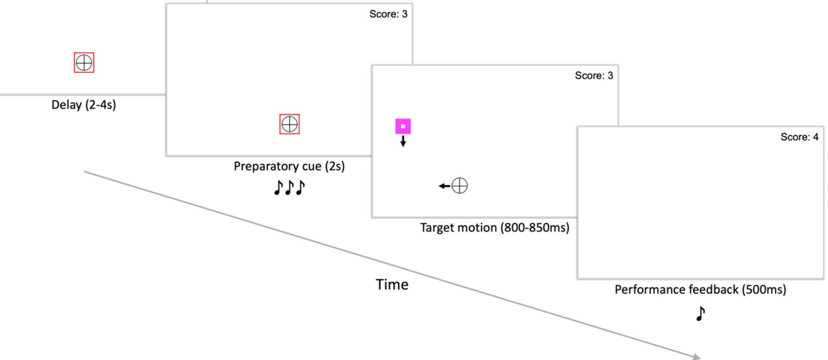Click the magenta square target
pyautogui.click(x=403, y=126)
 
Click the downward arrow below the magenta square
pyautogui.click(x=403, y=141)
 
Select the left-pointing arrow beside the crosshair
pyautogui.click(x=444, y=186)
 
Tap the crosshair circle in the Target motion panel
pyautogui.click(x=460, y=186)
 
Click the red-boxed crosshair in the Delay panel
pyautogui.click(x=84, y=62)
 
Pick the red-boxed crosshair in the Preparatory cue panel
pyautogui.click(x=289, y=124)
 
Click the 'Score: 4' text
pyautogui.click(x=799, y=137)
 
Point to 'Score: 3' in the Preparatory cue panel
pyautogui.click(x=388, y=14)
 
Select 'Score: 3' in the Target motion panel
pyautogui.click(x=594, y=76)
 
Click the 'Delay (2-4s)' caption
pyautogui.click(x=84, y=105)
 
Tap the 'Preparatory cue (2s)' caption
pyautogui.click(x=289, y=166)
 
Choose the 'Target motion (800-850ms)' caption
pyautogui.click(x=495, y=228)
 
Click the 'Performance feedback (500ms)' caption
pyautogui.click(x=700, y=290)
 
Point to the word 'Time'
pyautogui.click(x=392, y=285)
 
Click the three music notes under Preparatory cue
pyautogui.click(x=289, y=188)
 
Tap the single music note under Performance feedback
pyautogui.click(x=700, y=313)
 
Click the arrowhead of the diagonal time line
pyautogui.click(x=696, y=356)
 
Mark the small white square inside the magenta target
pyautogui.click(x=403, y=126)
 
